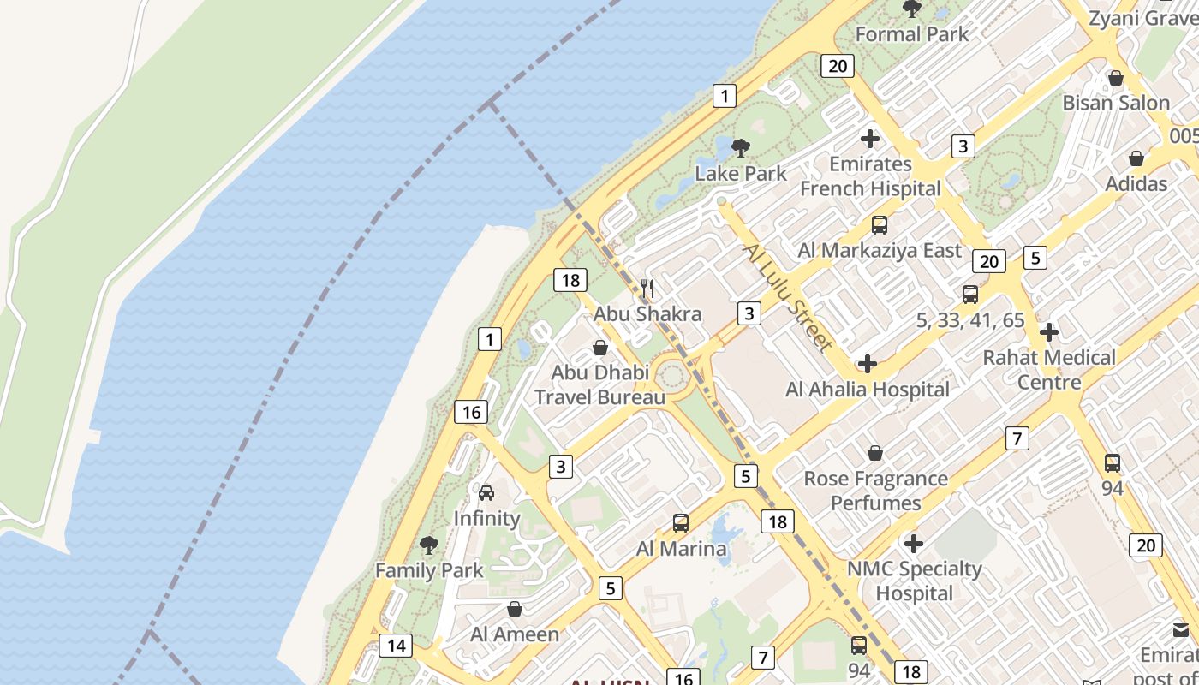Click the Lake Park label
[x=740, y=173]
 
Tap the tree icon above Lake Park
[x=741, y=147]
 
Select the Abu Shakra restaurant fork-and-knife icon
[x=647, y=289]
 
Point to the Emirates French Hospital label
[x=870, y=176]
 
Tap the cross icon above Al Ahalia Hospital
[x=867, y=364]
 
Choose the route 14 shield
[x=395, y=645]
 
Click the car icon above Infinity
[x=486, y=492]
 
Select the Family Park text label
[x=429, y=569]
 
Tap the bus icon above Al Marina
[x=681, y=522]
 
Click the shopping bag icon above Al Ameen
[x=515, y=609]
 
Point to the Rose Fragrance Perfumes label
[x=875, y=490]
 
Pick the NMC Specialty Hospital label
[x=914, y=581]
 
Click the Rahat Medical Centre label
[x=1049, y=369]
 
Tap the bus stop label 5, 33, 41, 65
[x=970, y=320]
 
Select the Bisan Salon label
[x=1116, y=103]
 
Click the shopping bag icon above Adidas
[x=1136, y=158]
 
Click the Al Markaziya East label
[x=880, y=250]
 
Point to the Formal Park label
[x=912, y=34]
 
